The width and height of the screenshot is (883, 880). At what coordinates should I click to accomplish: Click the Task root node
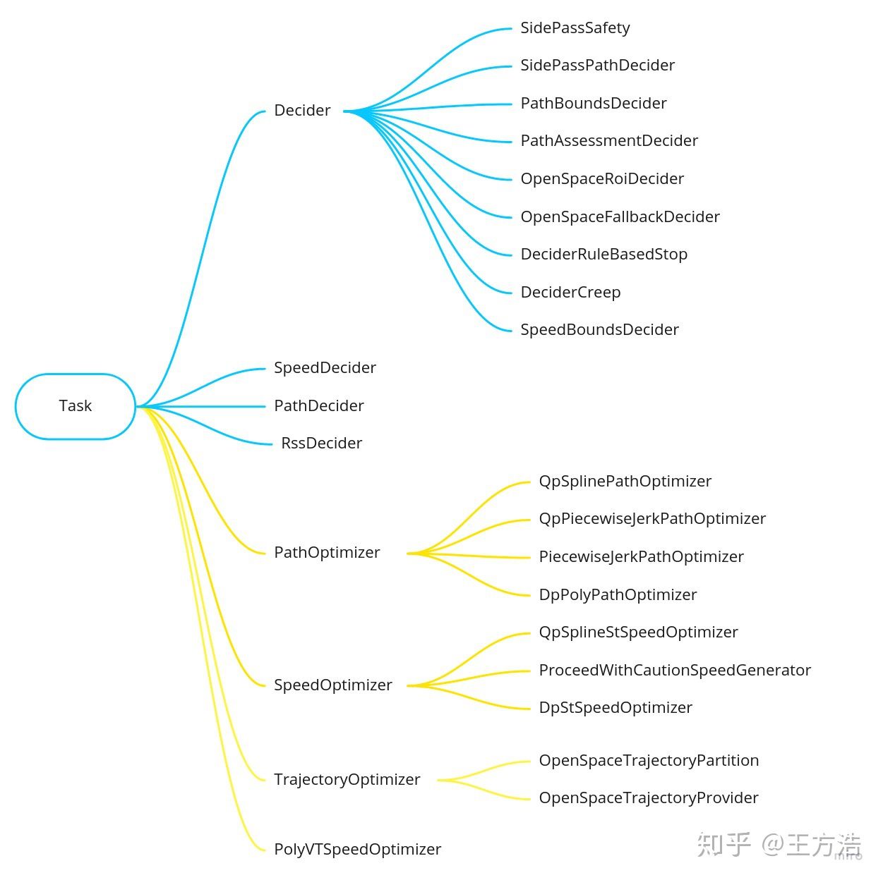point(75,406)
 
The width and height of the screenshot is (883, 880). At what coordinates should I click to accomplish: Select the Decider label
point(302,110)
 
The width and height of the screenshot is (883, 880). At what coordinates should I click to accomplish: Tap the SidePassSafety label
point(575,28)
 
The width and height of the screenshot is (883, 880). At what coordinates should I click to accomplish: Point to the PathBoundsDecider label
point(594,104)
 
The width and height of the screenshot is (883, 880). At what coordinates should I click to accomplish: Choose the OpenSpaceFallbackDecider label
point(620,217)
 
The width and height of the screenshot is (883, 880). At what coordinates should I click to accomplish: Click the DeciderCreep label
point(570,293)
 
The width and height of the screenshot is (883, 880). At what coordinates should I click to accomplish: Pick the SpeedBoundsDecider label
point(599,330)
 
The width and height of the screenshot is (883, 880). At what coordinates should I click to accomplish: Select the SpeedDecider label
point(325,367)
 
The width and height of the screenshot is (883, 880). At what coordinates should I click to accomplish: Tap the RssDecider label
point(321,444)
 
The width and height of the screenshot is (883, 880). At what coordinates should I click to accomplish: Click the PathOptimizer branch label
point(327,553)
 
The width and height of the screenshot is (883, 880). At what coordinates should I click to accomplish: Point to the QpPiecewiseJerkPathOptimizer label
point(652,519)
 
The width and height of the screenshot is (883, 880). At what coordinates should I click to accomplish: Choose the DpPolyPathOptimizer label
point(618,594)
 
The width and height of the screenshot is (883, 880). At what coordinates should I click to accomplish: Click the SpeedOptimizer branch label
point(332,685)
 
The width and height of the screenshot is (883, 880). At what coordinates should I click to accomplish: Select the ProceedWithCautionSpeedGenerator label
point(675,671)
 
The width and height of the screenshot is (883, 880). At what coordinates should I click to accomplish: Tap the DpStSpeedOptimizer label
point(615,708)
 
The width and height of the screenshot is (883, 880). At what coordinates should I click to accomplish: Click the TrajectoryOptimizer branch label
point(347,780)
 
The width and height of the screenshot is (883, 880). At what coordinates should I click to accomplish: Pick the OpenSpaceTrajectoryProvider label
point(649,798)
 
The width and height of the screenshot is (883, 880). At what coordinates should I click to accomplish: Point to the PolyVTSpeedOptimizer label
point(357,849)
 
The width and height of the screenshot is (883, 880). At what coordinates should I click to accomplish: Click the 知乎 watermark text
point(723,845)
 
